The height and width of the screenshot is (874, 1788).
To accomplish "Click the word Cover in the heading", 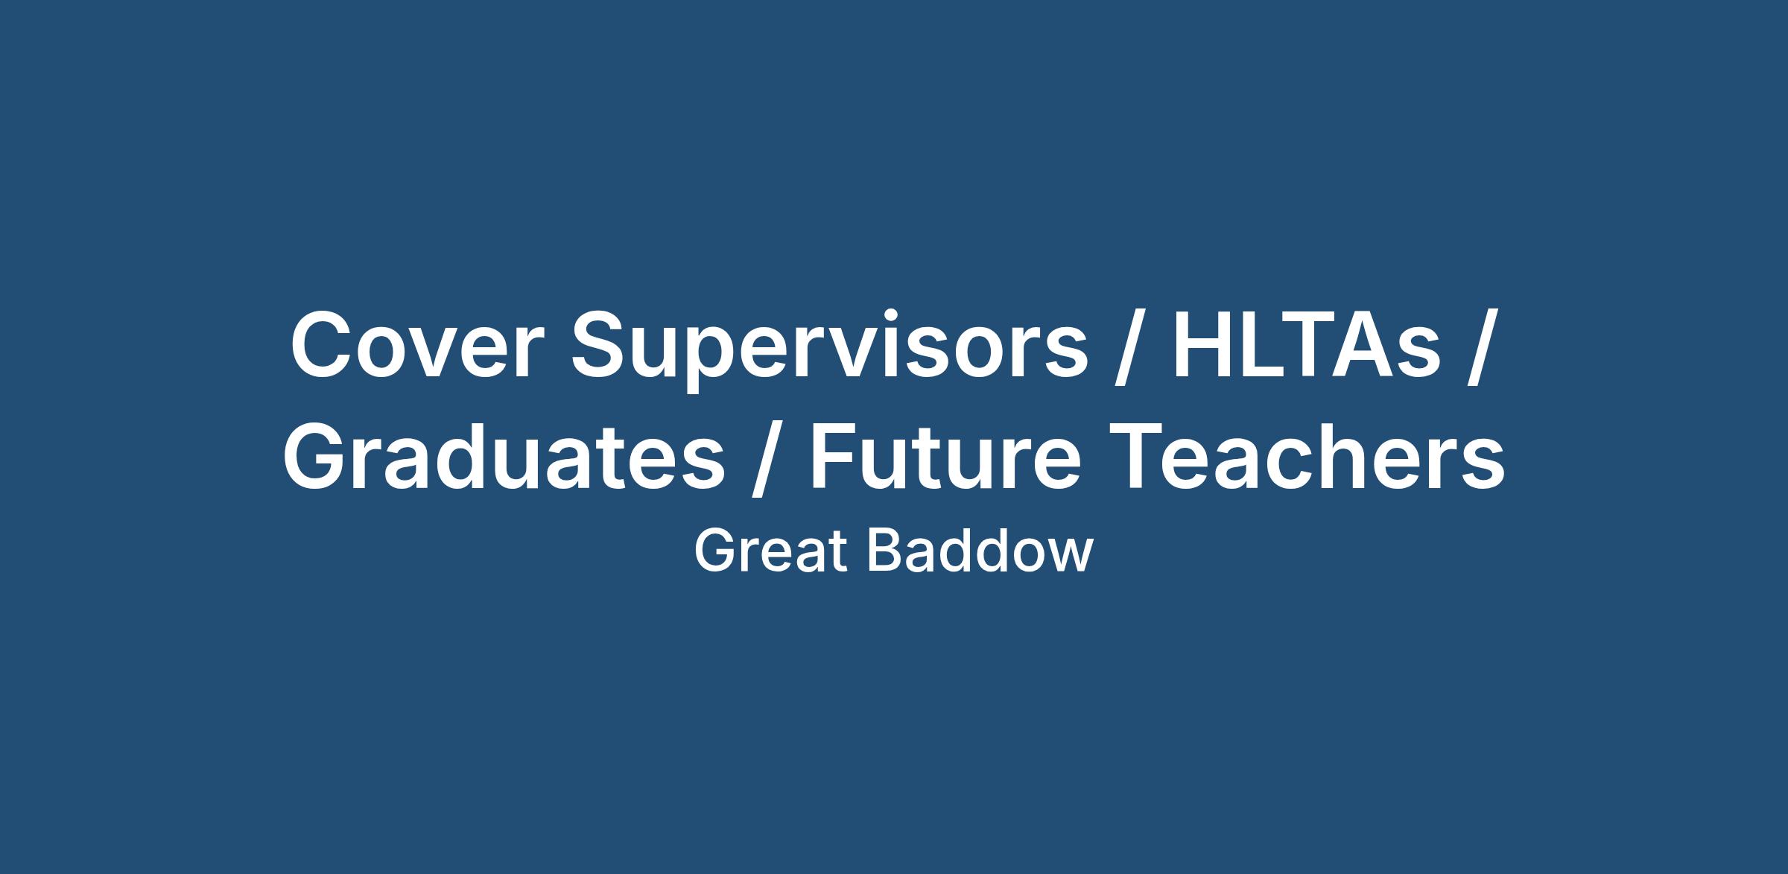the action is pos(412,344).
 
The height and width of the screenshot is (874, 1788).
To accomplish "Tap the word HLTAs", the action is pos(1305,344).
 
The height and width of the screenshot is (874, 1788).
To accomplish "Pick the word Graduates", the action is pos(504,456).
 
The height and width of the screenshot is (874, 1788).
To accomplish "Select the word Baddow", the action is pos(980,551).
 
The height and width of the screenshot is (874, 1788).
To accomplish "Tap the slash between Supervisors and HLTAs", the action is pos(1132,347).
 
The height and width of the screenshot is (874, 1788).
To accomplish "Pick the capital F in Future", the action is pos(835,456).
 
